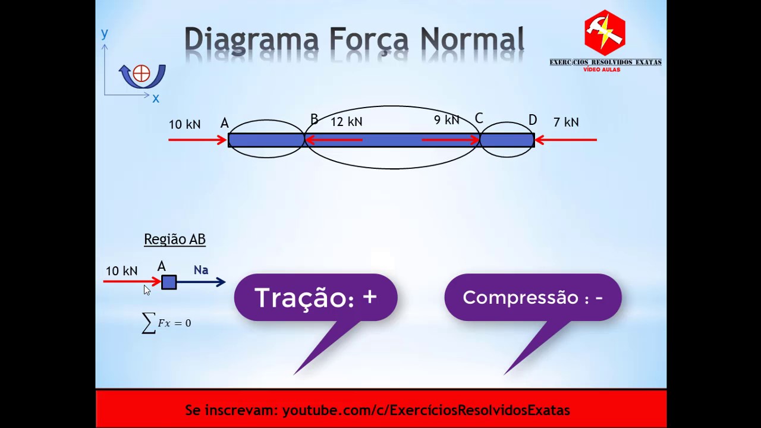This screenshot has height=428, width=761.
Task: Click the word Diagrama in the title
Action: (253, 40)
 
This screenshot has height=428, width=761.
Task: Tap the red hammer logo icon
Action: (605, 33)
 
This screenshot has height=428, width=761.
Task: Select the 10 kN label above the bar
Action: (184, 124)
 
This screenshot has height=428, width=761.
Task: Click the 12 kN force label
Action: (346, 122)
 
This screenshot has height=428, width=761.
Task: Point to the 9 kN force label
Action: (446, 120)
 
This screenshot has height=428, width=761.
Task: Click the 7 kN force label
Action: (565, 122)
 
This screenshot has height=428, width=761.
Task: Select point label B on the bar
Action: (314, 120)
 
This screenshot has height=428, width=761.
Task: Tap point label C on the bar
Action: (479, 119)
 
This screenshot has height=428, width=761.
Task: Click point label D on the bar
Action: (532, 121)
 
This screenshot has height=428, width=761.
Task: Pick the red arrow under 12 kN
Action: (334, 140)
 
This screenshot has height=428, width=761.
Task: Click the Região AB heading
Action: (174, 239)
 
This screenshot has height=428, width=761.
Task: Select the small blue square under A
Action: (169, 282)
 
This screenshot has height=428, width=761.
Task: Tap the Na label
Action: (201, 270)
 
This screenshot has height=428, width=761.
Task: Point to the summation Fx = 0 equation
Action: (166, 323)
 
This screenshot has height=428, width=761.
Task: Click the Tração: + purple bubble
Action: (315, 297)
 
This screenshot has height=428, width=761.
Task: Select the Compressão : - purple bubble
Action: (533, 297)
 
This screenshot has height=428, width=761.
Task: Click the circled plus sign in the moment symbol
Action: (141, 74)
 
